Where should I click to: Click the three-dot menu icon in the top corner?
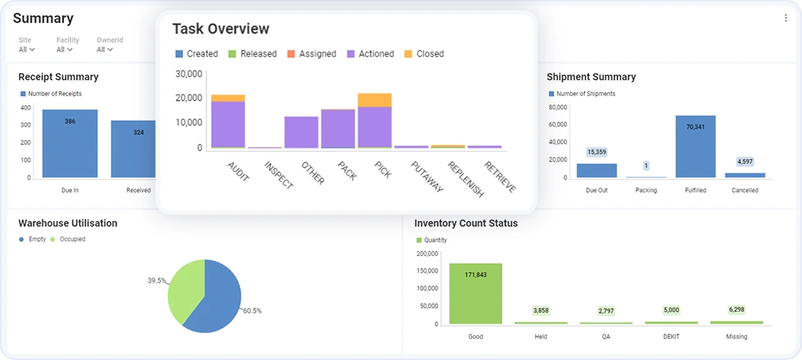pos(785,18)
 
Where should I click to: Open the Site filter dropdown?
pos(26,50)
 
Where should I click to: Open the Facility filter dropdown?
pos(65,50)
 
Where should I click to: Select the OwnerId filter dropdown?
pos(105,50)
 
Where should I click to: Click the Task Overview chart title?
pos(220,29)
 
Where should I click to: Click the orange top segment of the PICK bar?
pos(375,100)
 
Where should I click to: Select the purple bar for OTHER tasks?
pos(301,132)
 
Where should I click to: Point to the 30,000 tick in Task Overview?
pos(188,74)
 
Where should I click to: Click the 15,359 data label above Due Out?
pos(596,152)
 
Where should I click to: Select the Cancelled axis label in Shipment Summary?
pos(744,190)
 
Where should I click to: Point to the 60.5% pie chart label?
pos(252,311)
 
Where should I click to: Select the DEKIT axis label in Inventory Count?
pos(671,337)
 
